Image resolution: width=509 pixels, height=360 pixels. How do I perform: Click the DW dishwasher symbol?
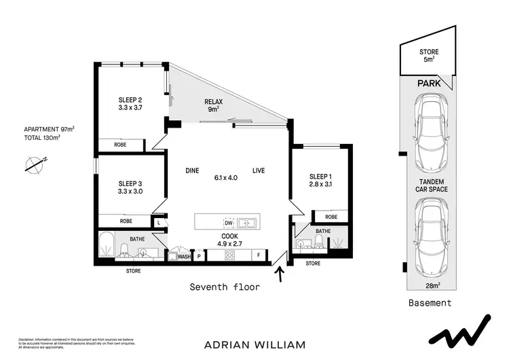pyautogui.click(x=228, y=222)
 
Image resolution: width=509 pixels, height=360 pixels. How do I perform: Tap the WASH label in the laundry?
pyautogui.click(x=183, y=256)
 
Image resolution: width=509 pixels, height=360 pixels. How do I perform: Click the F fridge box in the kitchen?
pyautogui.click(x=258, y=255)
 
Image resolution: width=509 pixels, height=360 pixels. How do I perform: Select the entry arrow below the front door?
pyautogui.click(x=279, y=273)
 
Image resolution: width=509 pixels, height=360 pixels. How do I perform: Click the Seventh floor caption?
pyautogui.click(x=224, y=287)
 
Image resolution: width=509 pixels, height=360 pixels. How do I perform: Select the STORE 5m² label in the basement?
pyautogui.click(x=429, y=55)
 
